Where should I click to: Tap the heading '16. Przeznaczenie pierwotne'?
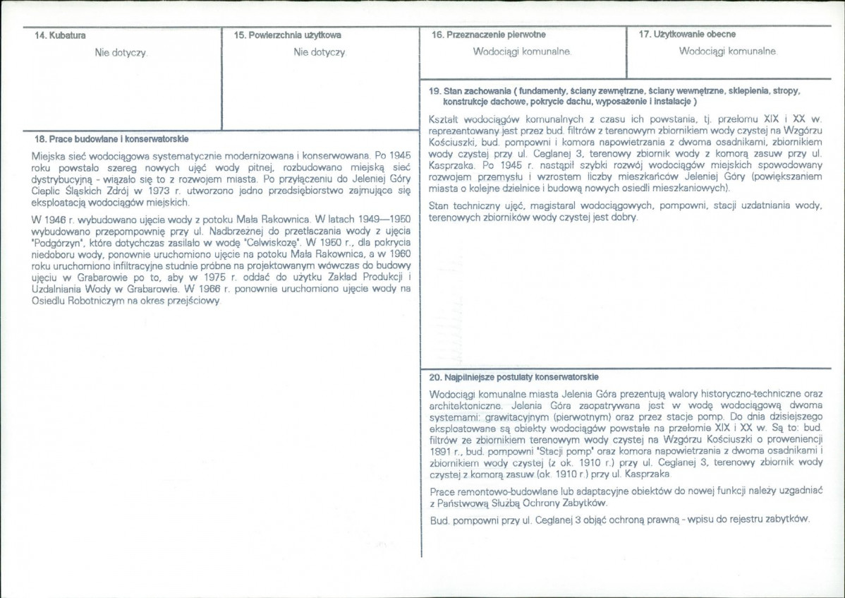point(489,34)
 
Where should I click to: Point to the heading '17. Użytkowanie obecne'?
point(688,34)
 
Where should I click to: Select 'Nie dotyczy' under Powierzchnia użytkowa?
point(320,52)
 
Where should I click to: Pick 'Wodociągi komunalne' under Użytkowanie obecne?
point(728,52)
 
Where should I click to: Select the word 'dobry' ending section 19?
point(624,217)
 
